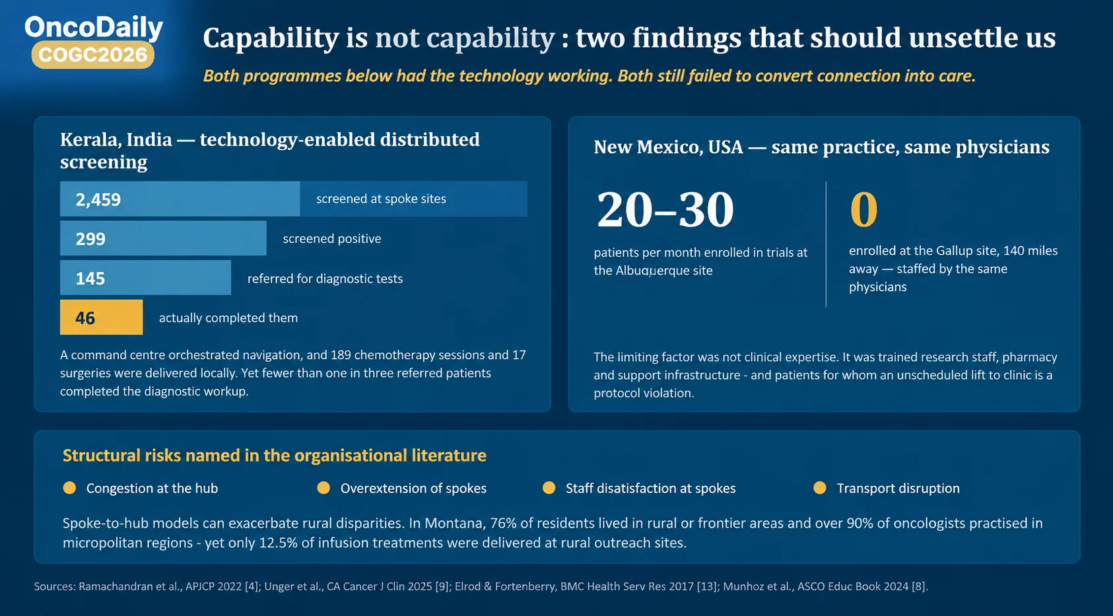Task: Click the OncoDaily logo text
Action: (x=94, y=28)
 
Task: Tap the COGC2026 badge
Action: (x=93, y=55)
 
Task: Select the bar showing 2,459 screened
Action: (x=180, y=199)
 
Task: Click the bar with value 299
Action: (x=163, y=238)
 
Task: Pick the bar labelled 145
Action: (x=146, y=278)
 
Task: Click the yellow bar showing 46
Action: (x=102, y=317)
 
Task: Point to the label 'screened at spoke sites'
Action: (x=381, y=199)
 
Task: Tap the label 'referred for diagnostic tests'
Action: (x=325, y=278)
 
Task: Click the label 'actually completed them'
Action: (x=228, y=318)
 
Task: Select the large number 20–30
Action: (x=665, y=209)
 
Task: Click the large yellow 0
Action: (x=863, y=209)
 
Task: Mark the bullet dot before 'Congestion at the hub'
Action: (x=69, y=488)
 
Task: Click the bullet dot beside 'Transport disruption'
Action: (x=820, y=488)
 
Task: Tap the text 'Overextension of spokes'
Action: (x=413, y=489)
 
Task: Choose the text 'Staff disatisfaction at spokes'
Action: (x=650, y=489)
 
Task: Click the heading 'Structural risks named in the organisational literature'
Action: (x=274, y=455)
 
